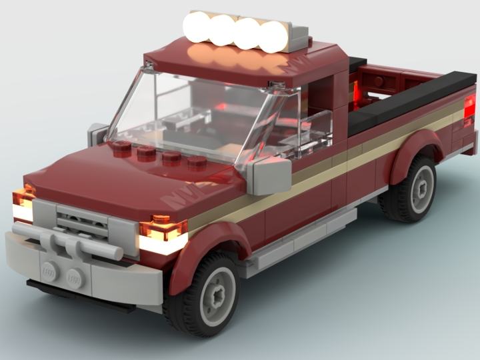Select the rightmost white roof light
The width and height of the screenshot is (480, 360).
[x=273, y=37]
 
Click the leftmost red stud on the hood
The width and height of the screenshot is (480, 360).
[x=122, y=147]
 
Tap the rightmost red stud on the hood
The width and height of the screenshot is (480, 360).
[x=196, y=162]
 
